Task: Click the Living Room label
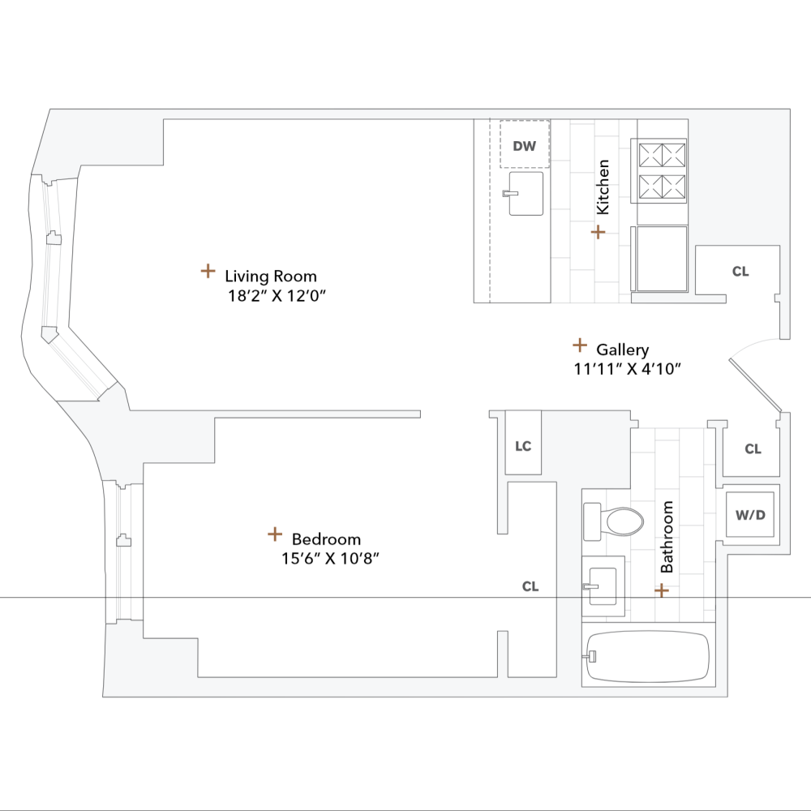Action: pos(271,276)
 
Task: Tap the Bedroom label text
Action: pos(326,539)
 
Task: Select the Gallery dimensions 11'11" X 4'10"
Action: pos(626,369)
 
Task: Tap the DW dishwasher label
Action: pos(525,146)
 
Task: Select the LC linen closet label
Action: pos(523,446)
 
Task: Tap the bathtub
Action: pos(649,656)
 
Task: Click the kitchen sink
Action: pos(525,193)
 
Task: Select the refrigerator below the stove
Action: pos(662,259)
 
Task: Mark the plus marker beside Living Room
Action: pos(208,271)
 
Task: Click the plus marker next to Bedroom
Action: pos(275,534)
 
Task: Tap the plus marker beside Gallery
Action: pos(579,345)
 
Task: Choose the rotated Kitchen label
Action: pos(603,187)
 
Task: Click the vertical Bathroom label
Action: pos(667,537)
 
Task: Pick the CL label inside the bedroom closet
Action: pos(530,586)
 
